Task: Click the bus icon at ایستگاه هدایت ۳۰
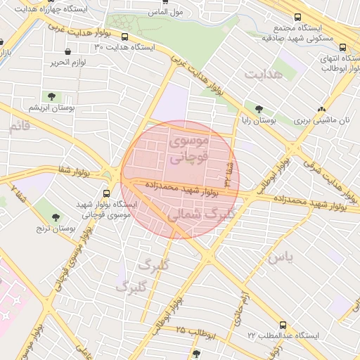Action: (x=125, y=37)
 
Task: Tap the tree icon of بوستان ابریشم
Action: (x=51, y=96)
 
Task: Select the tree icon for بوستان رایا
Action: (x=259, y=109)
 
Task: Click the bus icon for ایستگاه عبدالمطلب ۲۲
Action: (x=283, y=326)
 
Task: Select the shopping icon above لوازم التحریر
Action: (x=67, y=52)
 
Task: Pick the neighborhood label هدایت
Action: (x=263, y=74)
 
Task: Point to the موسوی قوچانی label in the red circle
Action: (x=188, y=150)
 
